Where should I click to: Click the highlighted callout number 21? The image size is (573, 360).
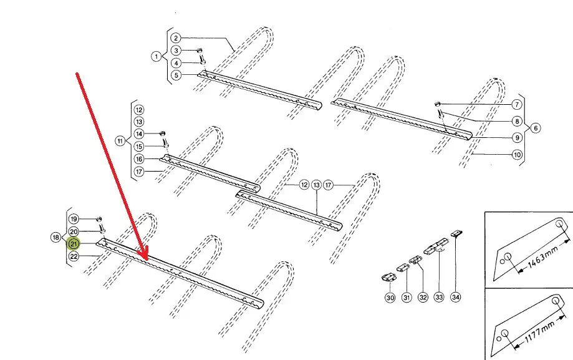(x=74, y=243)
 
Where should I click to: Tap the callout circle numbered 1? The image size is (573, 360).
(x=156, y=56)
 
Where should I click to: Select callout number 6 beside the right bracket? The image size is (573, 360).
(x=536, y=128)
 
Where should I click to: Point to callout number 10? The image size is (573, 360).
(x=517, y=154)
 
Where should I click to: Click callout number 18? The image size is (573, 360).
(x=55, y=238)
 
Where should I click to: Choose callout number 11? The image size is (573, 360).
(x=120, y=140)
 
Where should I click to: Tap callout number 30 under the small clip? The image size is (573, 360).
(x=390, y=298)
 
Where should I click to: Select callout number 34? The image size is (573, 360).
(x=455, y=297)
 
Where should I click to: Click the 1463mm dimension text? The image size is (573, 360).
(x=543, y=257)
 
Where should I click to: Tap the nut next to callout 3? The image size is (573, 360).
(x=200, y=51)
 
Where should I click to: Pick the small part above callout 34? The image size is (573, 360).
(x=457, y=233)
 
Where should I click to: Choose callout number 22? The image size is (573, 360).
(x=74, y=256)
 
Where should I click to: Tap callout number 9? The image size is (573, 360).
(x=517, y=137)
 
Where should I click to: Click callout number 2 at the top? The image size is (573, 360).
(x=176, y=38)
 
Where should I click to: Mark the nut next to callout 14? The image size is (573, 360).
(x=163, y=133)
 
